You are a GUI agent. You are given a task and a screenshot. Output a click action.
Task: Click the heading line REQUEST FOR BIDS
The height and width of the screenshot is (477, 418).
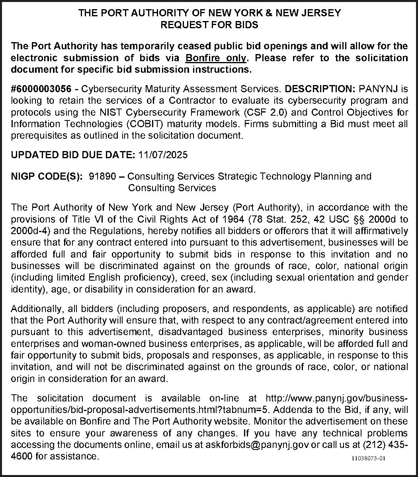pos(209,25)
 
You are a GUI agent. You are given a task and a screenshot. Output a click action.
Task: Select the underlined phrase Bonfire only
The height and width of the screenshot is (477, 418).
pos(216,58)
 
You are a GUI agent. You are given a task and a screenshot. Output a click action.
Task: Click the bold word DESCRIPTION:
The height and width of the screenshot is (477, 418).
pos(321,88)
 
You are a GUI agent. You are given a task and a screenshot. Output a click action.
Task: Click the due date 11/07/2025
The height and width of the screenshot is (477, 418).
pos(163,155)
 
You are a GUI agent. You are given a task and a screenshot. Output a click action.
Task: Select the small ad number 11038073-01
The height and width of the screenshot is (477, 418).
pos(369,459)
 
